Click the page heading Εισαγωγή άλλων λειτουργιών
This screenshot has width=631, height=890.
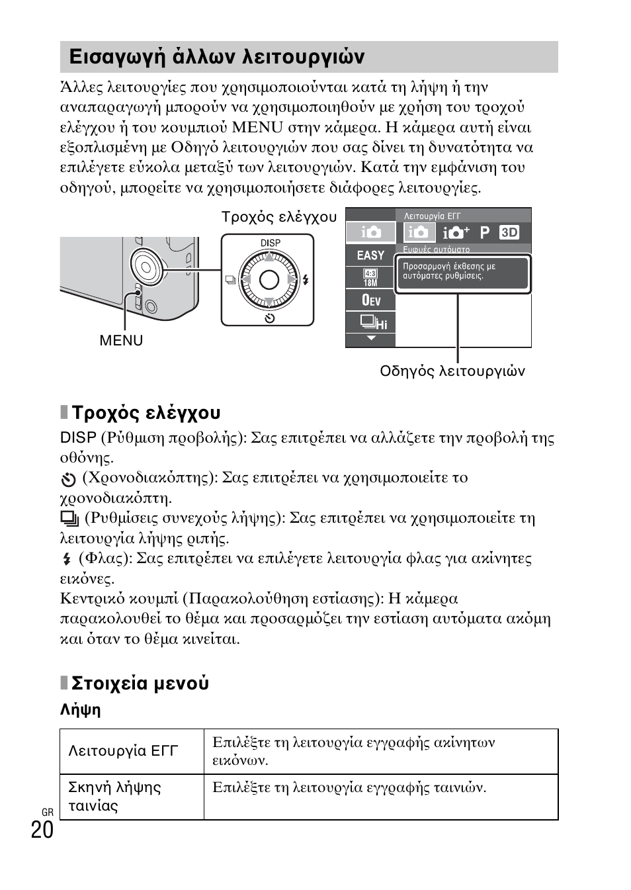[x=216, y=57]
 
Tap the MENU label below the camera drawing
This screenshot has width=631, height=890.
[x=121, y=340]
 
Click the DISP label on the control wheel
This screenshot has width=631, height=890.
[x=270, y=243]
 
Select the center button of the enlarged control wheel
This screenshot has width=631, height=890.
[x=269, y=281]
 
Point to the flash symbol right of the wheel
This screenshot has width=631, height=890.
[x=306, y=280]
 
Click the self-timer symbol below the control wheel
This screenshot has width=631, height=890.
[x=269, y=318]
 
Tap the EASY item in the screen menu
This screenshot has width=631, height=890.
[x=370, y=255]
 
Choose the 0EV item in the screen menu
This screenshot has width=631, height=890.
[x=370, y=300]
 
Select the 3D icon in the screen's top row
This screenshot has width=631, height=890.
[x=509, y=232]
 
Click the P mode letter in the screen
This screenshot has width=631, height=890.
[x=485, y=232]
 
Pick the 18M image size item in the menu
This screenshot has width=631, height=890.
[x=370, y=278]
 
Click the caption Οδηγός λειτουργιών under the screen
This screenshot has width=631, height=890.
[x=452, y=371]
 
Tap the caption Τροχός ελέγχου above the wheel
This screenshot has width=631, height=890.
[x=278, y=217]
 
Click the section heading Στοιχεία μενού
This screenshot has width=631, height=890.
[x=140, y=683]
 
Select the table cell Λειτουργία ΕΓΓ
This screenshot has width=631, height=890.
[x=124, y=750]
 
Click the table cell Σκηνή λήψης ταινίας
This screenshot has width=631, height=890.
[x=114, y=796]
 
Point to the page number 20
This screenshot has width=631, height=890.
[x=42, y=830]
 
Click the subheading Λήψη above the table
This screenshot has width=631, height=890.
[x=80, y=710]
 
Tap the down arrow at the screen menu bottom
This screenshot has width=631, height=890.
[x=370, y=339]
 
